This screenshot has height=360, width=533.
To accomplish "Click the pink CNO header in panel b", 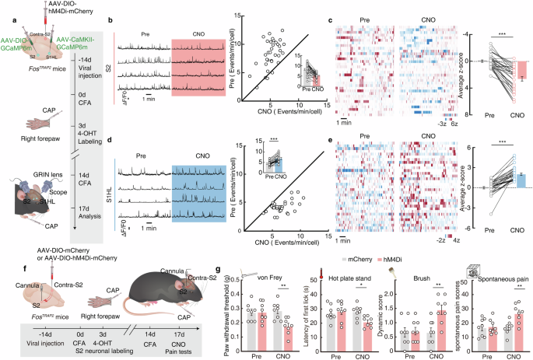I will coord(200,34).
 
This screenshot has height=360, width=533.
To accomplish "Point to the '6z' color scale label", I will coord(443,122).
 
